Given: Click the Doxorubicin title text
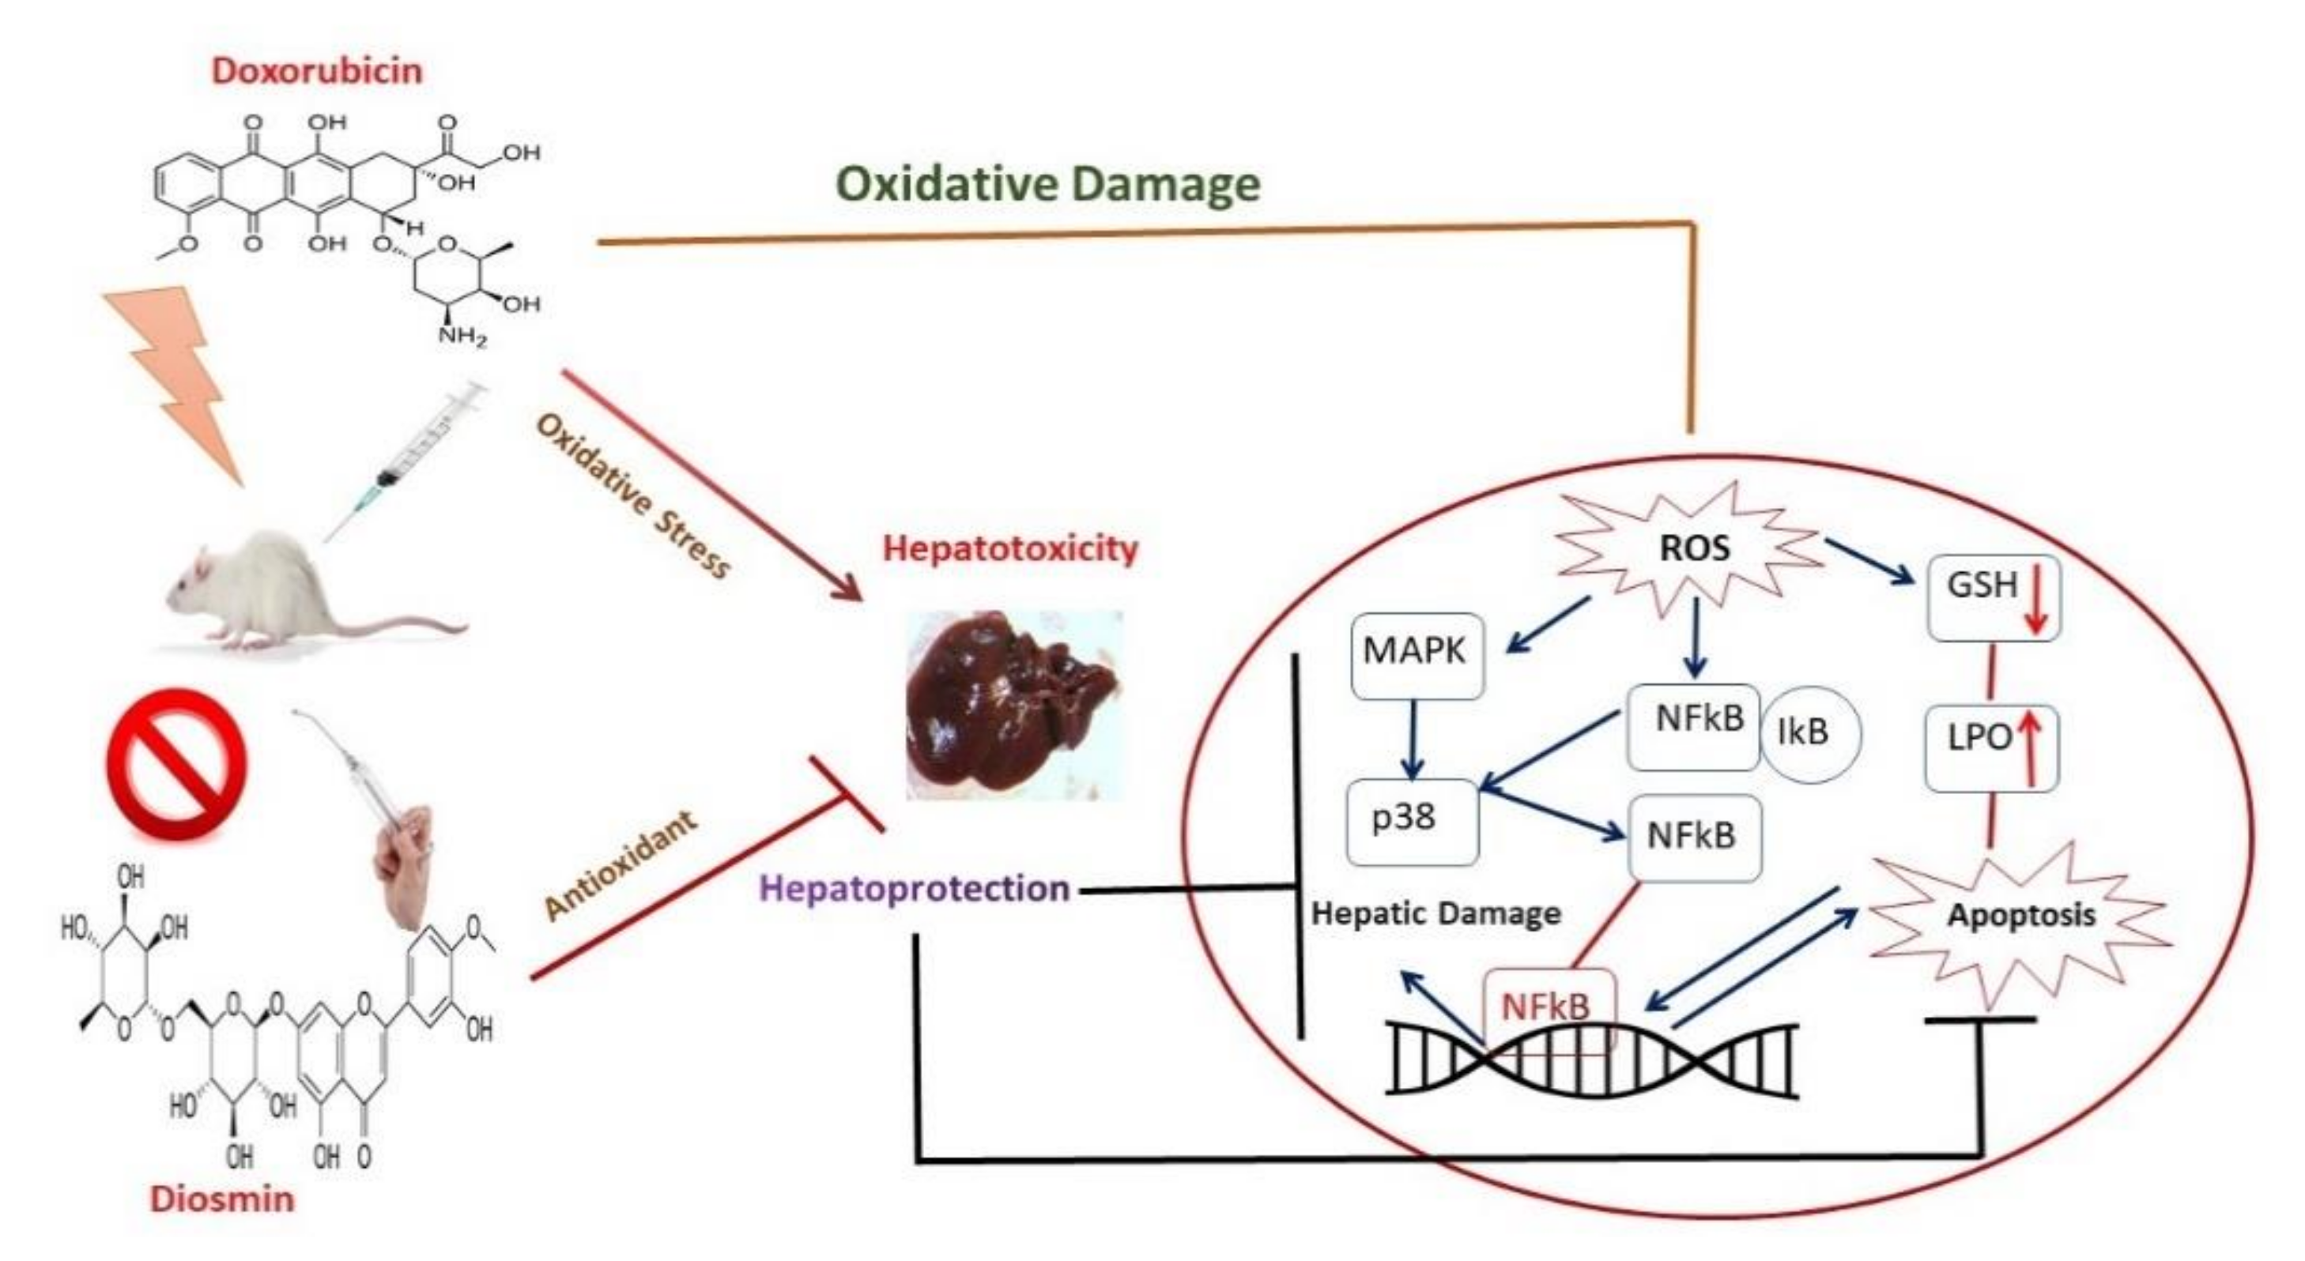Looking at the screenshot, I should [317, 70].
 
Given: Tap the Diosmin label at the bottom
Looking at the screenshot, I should [222, 1199].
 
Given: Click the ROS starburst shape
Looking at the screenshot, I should [1694, 548].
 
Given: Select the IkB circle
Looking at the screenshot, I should [1809, 733].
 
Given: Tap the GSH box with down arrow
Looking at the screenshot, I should [1994, 597].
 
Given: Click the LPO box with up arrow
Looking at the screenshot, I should [1991, 747].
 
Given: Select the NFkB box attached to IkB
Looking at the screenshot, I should [1693, 726].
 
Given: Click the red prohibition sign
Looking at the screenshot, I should [176, 763].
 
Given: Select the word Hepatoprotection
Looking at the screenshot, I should [915, 888].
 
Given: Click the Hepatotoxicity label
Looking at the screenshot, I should [1010, 548].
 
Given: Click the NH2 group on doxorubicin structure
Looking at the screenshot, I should [462, 338].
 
